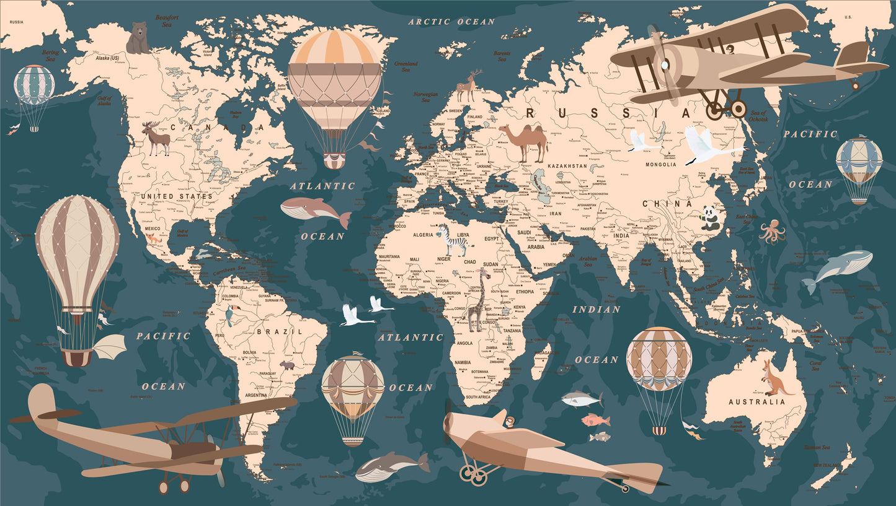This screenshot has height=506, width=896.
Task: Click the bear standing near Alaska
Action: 138,38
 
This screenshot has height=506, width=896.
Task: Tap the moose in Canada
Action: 156,137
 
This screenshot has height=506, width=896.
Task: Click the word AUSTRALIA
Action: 756,402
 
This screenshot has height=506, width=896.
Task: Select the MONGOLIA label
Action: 661,165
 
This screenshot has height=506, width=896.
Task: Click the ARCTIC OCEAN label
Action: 451,22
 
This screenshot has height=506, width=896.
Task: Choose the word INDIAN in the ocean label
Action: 596,309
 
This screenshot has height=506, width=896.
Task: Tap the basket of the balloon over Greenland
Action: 334,161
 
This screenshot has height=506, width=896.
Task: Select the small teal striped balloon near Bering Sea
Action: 34,87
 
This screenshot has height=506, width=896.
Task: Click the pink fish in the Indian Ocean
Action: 596,421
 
